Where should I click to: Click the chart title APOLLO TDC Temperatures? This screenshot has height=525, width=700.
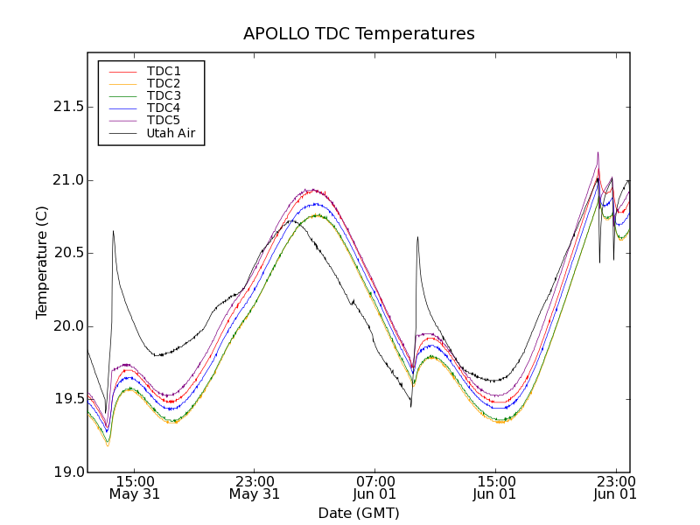359,34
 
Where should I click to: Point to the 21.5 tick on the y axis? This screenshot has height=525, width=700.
66,107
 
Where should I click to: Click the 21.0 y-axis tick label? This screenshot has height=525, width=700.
66,180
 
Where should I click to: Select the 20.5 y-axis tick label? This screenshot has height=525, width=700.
66,253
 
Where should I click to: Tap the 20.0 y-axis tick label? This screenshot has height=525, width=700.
66,326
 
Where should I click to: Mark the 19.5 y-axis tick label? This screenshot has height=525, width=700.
66,399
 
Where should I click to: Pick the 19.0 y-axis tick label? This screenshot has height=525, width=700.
66,472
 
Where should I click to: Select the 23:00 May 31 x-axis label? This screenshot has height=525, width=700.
255,487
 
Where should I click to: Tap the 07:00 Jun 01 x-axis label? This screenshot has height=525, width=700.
375,487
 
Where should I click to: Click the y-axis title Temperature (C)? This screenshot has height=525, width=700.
42,262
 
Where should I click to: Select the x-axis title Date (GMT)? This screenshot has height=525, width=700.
359,513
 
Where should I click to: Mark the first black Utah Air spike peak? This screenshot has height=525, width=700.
113,231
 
